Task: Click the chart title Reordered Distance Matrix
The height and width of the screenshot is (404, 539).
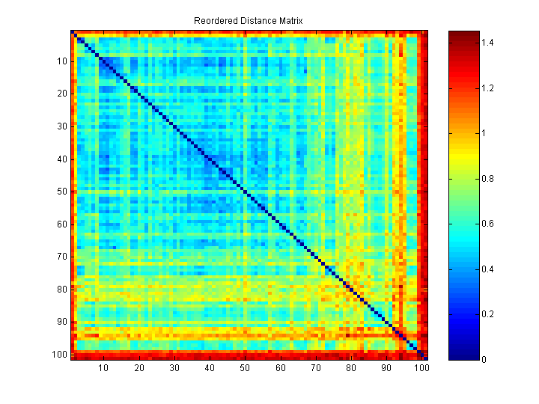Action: tap(249, 20)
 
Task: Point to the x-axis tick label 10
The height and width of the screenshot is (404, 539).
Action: tap(103, 368)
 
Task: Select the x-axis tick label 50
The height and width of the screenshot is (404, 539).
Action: tap(245, 368)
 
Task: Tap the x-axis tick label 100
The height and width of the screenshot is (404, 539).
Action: tap(421, 368)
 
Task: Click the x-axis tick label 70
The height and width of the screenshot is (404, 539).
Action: tap(315, 368)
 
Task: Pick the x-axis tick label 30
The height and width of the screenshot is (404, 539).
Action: tap(174, 368)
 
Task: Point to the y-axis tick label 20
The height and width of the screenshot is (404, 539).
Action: tap(63, 94)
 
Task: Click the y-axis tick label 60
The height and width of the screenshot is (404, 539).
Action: tap(63, 224)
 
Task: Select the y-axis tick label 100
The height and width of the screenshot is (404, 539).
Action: tap(61, 353)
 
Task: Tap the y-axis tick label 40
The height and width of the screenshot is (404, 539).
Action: tap(63, 159)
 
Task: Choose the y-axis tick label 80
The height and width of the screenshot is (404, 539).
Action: tap(63, 289)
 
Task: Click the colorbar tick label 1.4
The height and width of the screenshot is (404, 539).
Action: tap(488, 43)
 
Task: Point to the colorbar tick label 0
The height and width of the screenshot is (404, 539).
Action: tap(484, 359)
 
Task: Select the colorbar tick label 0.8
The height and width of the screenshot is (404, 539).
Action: tap(488, 179)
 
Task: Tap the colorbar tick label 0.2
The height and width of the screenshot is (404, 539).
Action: tap(488, 314)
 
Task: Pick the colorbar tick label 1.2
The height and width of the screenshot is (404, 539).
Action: tap(488, 89)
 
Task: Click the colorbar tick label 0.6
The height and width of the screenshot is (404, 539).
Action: tap(488, 224)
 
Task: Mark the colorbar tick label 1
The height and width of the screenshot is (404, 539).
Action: tap(484, 134)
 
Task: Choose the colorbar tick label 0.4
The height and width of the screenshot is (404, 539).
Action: tap(488, 269)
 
